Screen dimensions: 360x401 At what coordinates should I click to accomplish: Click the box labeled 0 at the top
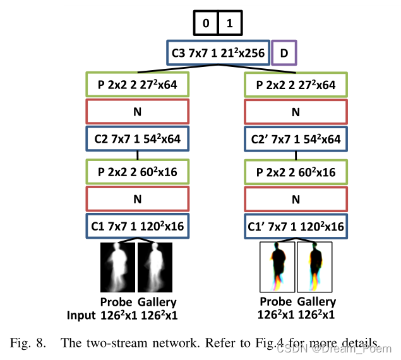pos(205,23)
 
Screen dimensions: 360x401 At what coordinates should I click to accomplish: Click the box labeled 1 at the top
pos(230,23)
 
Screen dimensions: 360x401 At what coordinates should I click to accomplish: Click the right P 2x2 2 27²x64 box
pos(296,83)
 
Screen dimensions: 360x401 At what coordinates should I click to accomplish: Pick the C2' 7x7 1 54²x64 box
pos(296,140)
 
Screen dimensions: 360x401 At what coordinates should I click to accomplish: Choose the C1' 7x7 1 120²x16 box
pos(296,227)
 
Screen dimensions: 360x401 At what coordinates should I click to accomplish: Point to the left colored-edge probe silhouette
pos(278,267)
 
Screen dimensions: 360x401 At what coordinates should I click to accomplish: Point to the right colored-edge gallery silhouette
pos(314,267)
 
